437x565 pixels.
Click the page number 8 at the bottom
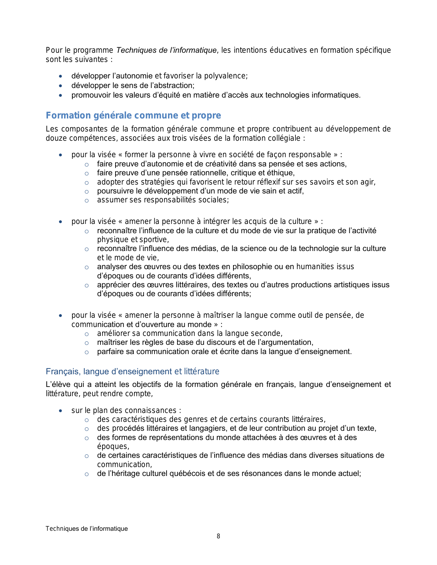pos(218,536)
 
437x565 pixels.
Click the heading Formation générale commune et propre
pos(133,115)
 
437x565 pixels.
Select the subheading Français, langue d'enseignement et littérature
pos(132,372)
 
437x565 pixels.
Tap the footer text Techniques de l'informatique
pos(87,529)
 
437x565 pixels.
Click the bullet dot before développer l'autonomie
pos(61,76)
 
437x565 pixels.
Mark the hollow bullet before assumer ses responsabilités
pos(87,200)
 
